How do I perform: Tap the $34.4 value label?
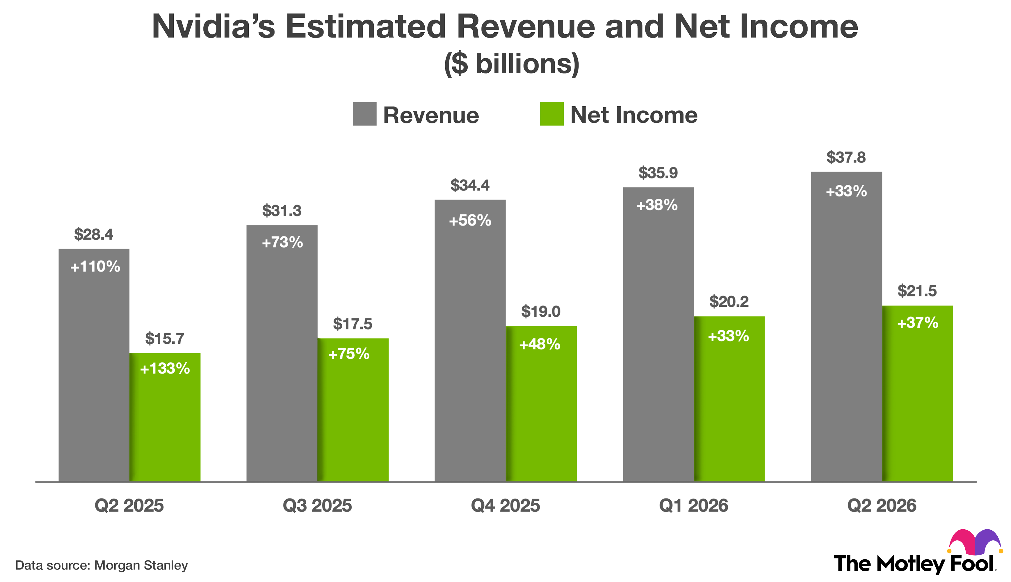point(470,185)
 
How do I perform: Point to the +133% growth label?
point(165,368)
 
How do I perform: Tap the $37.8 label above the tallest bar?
point(846,157)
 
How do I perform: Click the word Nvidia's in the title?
point(214,27)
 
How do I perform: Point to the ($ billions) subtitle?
point(511,64)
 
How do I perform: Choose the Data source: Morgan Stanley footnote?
point(102,565)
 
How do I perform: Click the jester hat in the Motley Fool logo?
point(975,542)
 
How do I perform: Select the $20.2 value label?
point(729,302)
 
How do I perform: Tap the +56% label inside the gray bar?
point(470,221)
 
